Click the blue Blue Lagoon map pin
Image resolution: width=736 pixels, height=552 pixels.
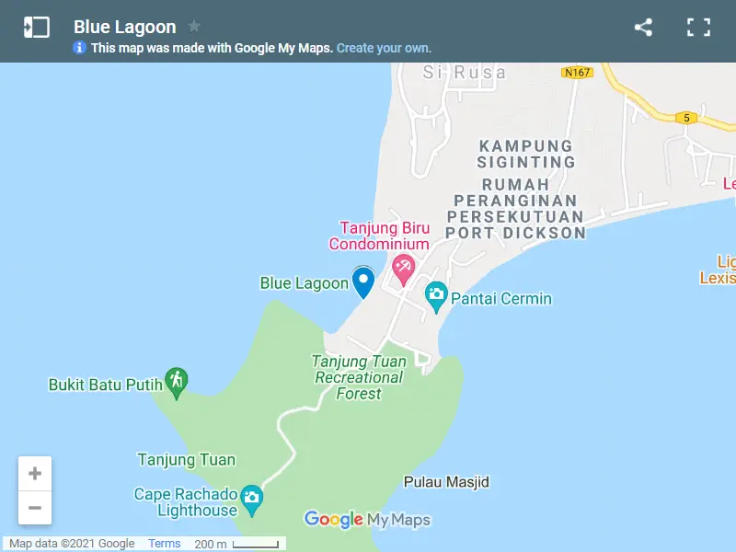coord(363,282)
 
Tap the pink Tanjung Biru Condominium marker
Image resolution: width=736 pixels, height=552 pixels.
coord(403,270)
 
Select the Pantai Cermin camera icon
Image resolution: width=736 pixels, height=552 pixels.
coord(436,295)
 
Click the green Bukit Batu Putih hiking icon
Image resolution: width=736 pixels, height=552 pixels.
coord(176,380)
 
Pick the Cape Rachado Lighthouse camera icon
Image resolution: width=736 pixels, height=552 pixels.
coord(251,500)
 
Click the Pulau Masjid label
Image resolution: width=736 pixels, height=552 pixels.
coord(446,482)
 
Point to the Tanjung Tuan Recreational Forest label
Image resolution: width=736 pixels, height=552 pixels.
coord(359,377)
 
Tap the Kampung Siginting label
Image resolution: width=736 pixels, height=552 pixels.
coord(526,154)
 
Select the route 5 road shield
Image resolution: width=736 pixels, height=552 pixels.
coord(685,118)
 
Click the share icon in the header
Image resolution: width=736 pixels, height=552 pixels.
coord(643,28)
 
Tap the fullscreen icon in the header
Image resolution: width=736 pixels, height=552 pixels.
coord(699,28)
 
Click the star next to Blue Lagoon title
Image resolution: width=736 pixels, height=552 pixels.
coord(194,26)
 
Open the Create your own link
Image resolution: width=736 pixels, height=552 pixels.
coord(384,48)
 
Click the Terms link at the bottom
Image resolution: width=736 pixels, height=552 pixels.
coord(165,544)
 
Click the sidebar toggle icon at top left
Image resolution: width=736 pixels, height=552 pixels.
coord(37,28)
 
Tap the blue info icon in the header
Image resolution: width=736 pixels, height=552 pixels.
coord(80,48)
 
